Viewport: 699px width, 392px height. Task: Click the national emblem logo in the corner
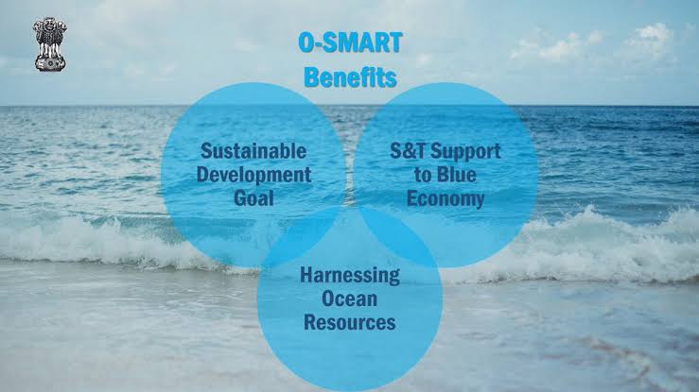coord(50,44)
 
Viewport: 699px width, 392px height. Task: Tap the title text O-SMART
coord(350,43)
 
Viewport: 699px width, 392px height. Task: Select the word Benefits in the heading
coord(350,77)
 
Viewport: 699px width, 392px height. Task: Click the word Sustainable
coord(253,151)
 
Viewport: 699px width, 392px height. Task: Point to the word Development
coord(253,175)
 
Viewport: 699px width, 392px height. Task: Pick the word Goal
coord(253,197)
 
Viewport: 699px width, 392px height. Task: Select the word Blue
coord(457,175)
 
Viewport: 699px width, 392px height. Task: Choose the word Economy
coord(446,199)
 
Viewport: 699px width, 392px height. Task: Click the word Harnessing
coord(350,276)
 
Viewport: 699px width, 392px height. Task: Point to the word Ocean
coord(350,298)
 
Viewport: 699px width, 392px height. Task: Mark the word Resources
coord(350,322)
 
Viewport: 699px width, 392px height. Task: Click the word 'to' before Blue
coord(423,175)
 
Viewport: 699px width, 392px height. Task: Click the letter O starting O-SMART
coord(306,43)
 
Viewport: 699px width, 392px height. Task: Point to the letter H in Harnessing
coord(306,275)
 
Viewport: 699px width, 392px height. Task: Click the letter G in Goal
coord(240,197)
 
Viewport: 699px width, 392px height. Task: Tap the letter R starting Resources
coord(310,322)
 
